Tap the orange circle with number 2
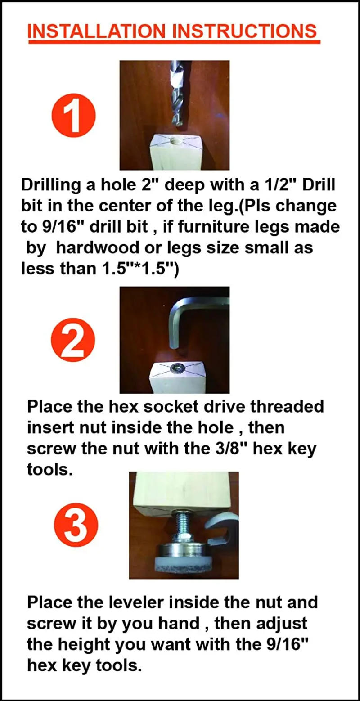[73, 341]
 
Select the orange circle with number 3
[76, 525]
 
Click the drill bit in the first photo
[176, 94]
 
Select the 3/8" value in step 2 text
[234, 449]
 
